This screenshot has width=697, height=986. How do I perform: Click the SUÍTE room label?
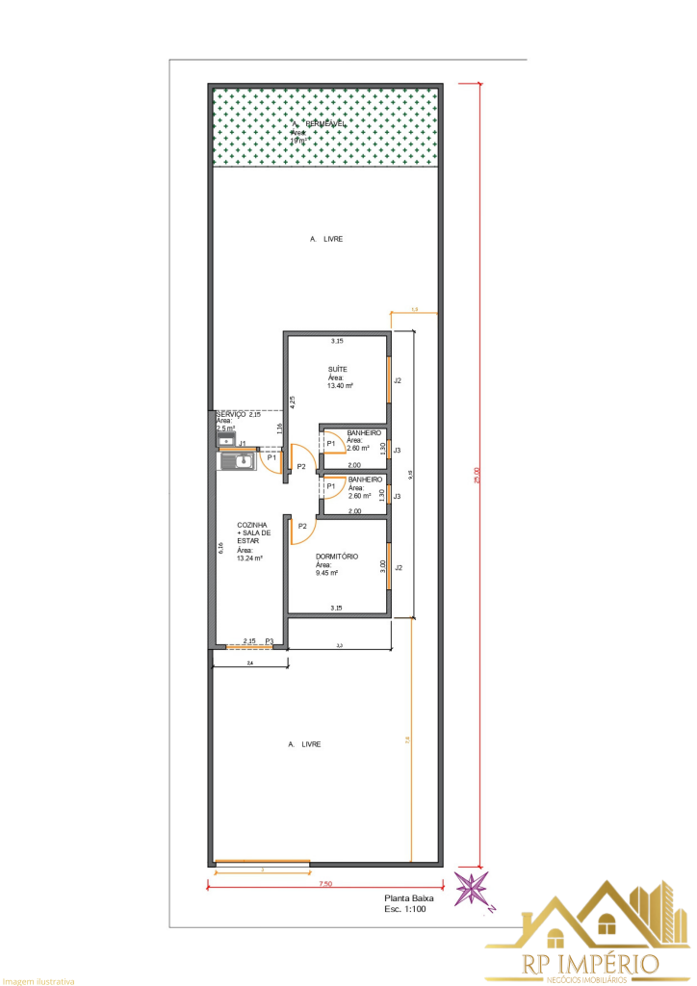(338, 370)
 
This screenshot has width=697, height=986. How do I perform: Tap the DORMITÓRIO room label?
(337, 557)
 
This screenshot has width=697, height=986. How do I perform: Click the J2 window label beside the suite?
(398, 380)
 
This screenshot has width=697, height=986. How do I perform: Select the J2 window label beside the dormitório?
(398, 567)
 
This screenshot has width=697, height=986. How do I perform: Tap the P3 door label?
(270, 640)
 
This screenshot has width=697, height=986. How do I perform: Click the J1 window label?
(244, 444)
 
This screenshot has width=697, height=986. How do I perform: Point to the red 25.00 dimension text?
(475, 476)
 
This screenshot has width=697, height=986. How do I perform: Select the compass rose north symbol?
(473, 889)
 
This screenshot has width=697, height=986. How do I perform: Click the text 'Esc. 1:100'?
(405, 909)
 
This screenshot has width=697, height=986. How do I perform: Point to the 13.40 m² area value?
(340, 386)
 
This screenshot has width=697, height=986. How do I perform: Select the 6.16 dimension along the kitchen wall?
(220, 548)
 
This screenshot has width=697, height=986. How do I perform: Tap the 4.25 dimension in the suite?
(293, 403)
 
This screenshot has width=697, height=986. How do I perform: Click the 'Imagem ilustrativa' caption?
(38, 981)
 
